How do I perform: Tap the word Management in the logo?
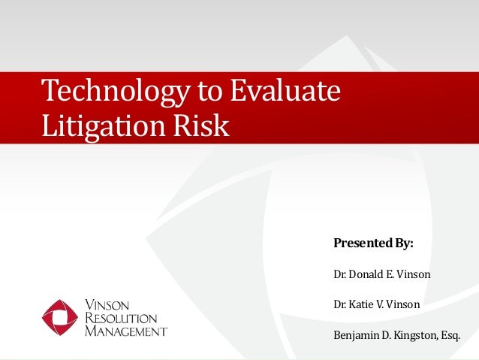[125, 331]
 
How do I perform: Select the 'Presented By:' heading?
[373, 244]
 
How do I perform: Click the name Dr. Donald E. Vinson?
[381, 274]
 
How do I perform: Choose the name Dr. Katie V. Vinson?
[376, 304]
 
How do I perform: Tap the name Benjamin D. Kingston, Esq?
[396, 334]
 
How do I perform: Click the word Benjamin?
[355, 334]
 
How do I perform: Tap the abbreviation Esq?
[449, 334]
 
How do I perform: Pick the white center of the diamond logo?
[60, 318]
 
